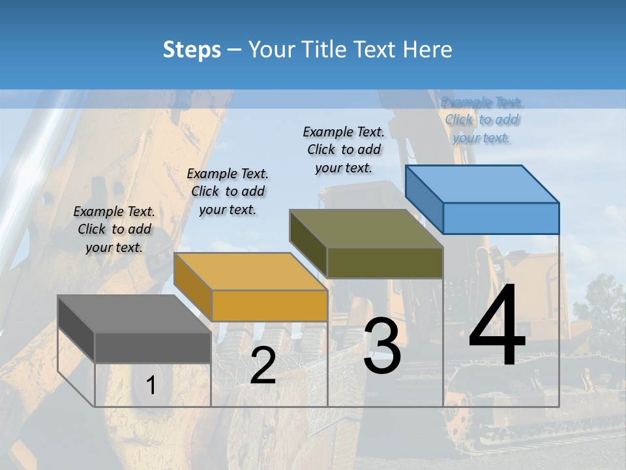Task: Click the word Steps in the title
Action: click(192, 50)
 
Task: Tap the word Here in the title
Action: click(428, 50)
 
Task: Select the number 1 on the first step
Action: click(151, 386)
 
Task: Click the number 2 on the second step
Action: click(263, 366)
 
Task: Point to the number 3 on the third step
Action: click(382, 346)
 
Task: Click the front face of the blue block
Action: click(501, 218)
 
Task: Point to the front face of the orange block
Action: click(269, 305)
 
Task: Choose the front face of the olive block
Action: click(385, 262)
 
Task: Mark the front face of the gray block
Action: click(153, 347)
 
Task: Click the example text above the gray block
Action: click(114, 229)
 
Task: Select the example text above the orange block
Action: click(228, 191)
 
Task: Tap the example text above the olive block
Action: click(344, 149)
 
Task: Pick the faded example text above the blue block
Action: click(482, 120)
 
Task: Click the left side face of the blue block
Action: click(425, 198)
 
